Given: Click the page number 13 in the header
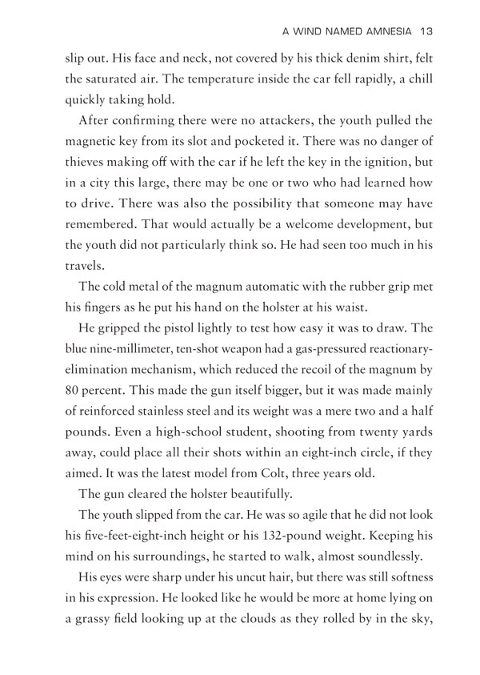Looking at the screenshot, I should pyautogui.click(x=426, y=31).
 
